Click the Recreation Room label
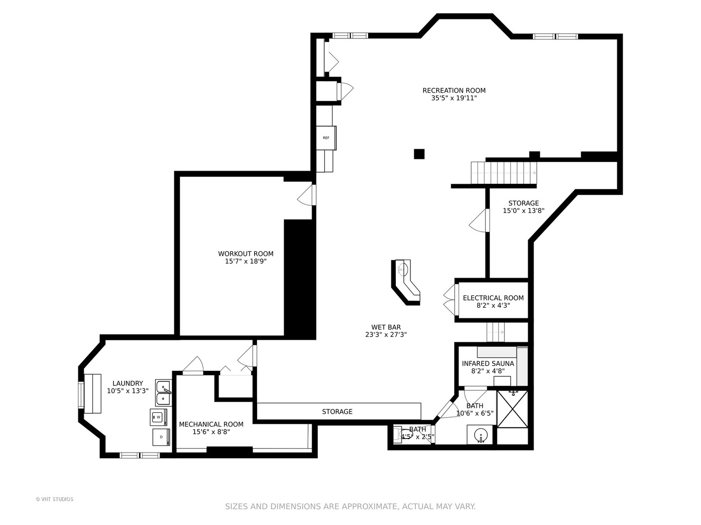(x=454, y=90)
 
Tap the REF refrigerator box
(x=326, y=138)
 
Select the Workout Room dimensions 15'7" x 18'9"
(x=245, y=261)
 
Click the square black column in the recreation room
(x=419, y=154)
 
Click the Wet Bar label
(x=386, y=327)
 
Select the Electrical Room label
(x=493, y=298)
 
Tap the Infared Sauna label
(x=488, y=364)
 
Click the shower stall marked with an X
(x=512, y=409)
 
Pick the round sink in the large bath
(x=480, y=435)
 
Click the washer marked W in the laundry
(x=158, y=417)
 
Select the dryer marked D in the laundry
(x=161, y=437)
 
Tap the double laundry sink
(x=164, y=393)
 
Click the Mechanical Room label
(x=211, y=424)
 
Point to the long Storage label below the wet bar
(x=337, y=412)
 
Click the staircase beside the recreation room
(x=503, y=173)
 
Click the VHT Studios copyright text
(x=55, y=499)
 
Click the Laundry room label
(x=128, y=383)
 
